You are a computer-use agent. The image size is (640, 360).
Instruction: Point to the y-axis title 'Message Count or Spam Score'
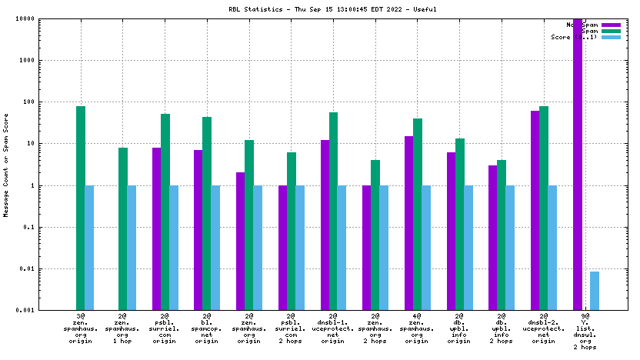tap(6, 164)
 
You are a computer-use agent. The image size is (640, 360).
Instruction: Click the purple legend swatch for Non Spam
tap(611, 25)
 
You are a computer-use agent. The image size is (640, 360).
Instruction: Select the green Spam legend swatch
tap(611, 31)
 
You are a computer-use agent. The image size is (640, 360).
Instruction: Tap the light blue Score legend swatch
tap(611, 37)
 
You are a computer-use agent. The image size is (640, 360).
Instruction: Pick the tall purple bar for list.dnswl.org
tap(578, 165)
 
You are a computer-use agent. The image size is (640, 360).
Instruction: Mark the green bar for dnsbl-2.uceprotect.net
tap(544, 208)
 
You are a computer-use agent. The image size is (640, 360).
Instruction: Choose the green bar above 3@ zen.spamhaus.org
tap(81, 208)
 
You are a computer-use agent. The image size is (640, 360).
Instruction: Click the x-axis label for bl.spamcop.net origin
tap(207, 328)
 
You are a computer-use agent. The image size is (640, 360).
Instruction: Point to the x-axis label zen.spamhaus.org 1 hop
tap(123, 328)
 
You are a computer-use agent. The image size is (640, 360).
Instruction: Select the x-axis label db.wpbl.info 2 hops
tap(502, 328)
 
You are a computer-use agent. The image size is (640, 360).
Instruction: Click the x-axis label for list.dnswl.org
tap(585, 332)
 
